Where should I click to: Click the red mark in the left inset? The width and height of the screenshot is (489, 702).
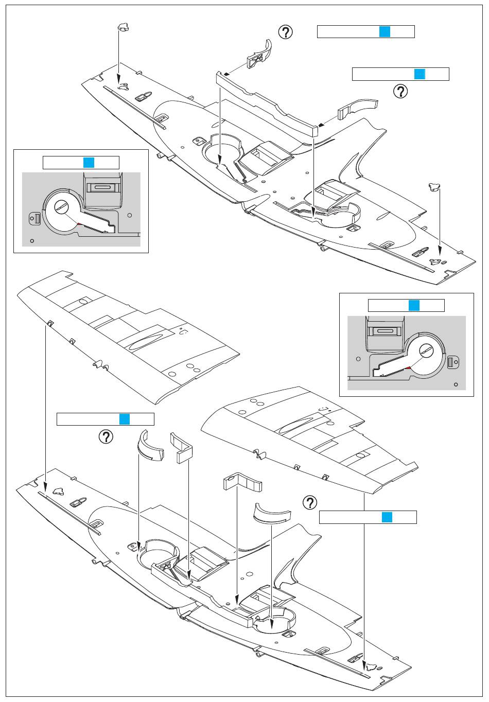(x=79, y=224)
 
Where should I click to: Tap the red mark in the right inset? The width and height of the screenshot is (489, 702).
(x=408, y=367)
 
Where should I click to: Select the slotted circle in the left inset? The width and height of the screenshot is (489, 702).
(x=62, y=206)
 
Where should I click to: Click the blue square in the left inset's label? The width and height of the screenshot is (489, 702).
(x=89, y=163)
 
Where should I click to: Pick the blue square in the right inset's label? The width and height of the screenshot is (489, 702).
(x=414, y=305)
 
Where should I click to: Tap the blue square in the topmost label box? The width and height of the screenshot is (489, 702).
(x=385, y=31)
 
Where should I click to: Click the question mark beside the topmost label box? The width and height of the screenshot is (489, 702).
(x=285, y=32)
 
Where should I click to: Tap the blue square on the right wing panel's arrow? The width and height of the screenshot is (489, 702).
(x=387, y=517)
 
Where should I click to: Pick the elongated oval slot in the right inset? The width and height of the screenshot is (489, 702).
(x=385, y=331)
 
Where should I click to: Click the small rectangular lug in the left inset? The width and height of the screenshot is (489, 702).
(x=37, y=219)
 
